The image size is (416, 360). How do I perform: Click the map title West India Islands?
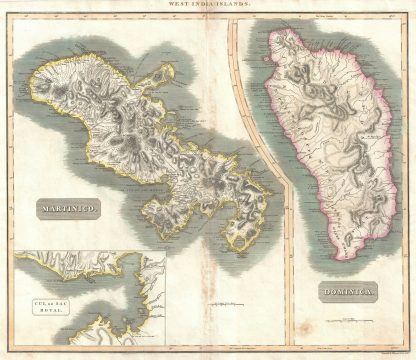pos(207,7)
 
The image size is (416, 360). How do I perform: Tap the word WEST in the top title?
pos(179,7)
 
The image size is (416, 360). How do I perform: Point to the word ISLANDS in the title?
pos(234,7)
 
